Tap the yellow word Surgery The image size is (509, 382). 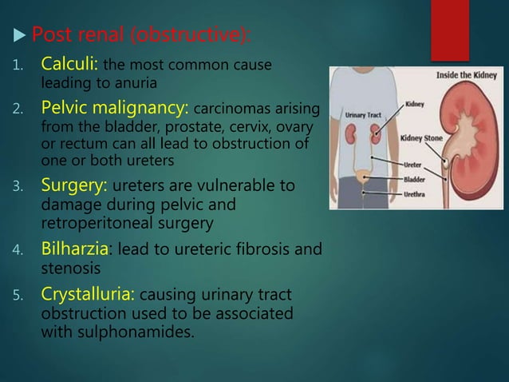(x=71, y=186)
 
